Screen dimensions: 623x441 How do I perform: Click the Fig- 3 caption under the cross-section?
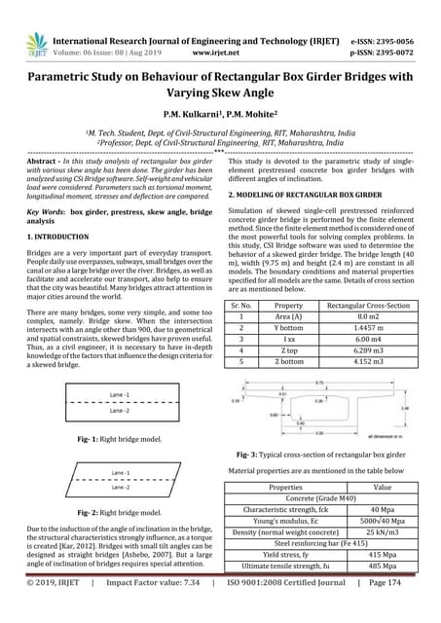click(321, 455)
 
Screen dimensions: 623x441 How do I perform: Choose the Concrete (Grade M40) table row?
click(321, 497)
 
